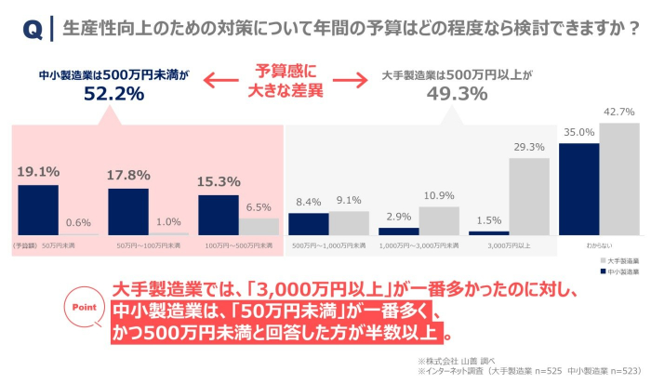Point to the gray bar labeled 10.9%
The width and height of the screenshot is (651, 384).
coord(439,220)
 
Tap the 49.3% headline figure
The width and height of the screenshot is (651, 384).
coord(457,93)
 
